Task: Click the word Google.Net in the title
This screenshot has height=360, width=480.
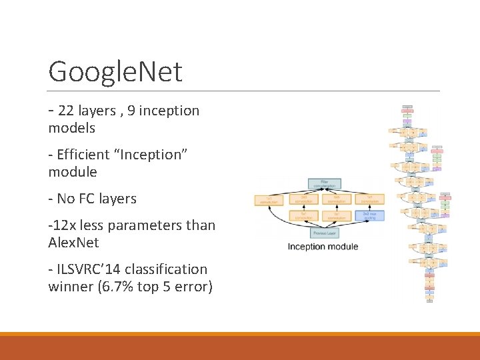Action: [x=115, y=71]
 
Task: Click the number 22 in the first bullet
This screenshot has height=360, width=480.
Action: [x=66, y=111]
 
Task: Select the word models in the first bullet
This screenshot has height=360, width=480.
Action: [x=72, y=128]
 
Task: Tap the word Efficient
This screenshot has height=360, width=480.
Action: [x=83, y=155]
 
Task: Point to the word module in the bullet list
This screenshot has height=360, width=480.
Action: [x=73, y=172]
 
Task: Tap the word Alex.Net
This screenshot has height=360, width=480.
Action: [x=73, y=243]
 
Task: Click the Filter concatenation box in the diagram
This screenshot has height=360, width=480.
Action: [x=325, y=183]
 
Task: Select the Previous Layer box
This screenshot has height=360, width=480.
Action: [x=325, y=233]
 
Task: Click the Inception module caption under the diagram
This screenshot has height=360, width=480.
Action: [x=323, y=247]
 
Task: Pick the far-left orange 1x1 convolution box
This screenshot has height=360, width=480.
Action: [x=269, y=199]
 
